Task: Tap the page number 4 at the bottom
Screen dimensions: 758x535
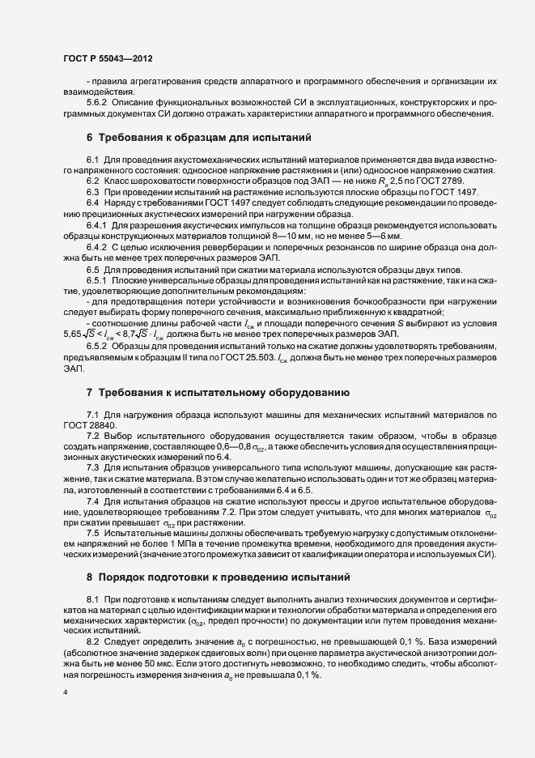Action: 64,693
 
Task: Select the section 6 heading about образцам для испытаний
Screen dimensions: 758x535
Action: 199,138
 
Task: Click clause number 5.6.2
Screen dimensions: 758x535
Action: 100,104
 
